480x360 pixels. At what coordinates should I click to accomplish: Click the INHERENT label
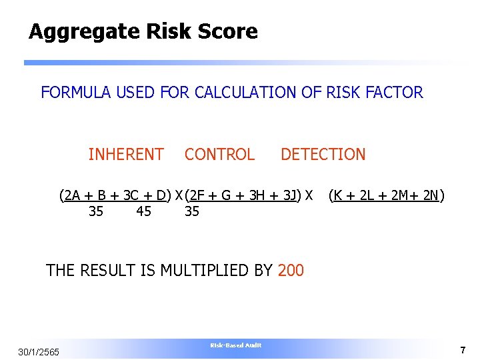click(126, 155)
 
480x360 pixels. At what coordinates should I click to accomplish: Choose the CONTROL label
click(219, 155)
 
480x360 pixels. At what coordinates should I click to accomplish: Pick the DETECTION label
click(323, 155)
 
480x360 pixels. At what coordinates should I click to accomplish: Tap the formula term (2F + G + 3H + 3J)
click(242, 195)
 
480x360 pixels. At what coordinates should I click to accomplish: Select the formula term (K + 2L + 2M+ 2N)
click(387, 195)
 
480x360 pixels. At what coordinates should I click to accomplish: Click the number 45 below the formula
click(143, 212)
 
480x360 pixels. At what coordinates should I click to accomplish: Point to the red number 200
click(291, 270)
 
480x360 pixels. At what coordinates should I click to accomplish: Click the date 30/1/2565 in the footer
click(39, 352)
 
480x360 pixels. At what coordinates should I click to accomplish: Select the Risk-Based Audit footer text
click(236, 345)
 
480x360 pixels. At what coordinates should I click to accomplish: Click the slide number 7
click(462, 350)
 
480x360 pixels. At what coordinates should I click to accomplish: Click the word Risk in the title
click(169, 31)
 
